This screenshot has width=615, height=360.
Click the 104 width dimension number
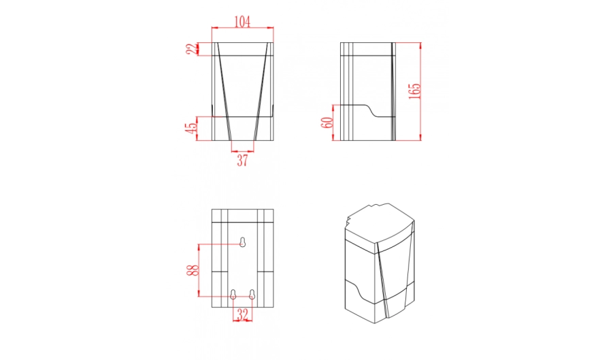tap(242, 22)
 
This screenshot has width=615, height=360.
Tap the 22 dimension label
tap(193, 49)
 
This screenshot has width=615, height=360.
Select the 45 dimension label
tap(191, 128)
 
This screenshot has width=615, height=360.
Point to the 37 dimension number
tap(242, 160)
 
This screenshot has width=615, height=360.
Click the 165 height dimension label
tap(414, 91)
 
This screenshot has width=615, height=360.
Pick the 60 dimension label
tap(327, 122)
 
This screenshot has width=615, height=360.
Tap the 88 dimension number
tap(193, 270)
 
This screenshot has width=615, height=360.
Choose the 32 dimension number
tap(242, 314)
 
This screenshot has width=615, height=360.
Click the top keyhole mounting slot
tap(242, 242)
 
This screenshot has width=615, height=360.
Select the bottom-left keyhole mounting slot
tap(233, 295)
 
